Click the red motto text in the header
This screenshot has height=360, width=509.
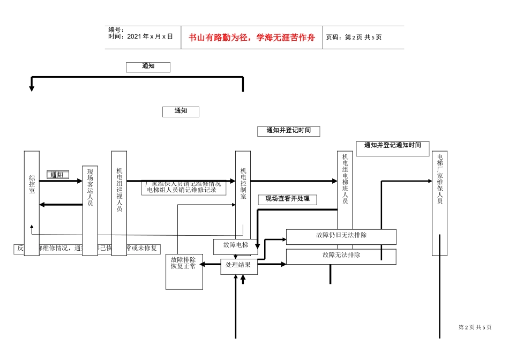tap(252, 37)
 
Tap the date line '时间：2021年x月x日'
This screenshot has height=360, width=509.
tap(140, 37)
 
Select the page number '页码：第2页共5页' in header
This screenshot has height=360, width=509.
tap(354, 37)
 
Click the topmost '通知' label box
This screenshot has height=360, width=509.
tap(148, 66)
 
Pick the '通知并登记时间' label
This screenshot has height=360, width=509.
tap(289, 131)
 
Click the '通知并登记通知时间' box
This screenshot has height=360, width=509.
tap(392, 148)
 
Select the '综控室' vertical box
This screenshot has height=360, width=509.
tap(32, 204)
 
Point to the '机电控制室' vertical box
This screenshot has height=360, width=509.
tap(243, 187)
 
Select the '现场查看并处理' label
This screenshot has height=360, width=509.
tap(287, 199)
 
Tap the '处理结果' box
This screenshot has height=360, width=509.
tap(238, 265)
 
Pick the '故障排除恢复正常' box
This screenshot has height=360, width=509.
tap(184, 271)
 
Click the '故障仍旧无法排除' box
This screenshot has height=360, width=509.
tap(341, 236)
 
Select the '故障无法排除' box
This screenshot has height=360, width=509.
tap(341, 256)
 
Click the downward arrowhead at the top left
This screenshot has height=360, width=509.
tap(32, 88)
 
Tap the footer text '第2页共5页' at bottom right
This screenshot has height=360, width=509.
tap(475, 327)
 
